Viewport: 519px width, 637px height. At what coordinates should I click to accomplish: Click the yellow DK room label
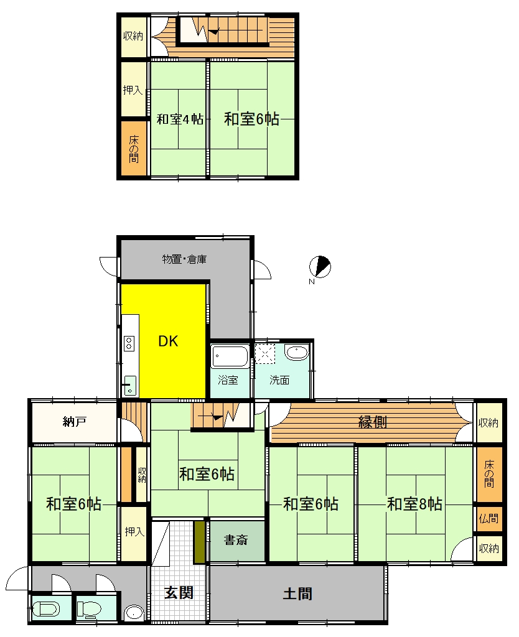point(168,341)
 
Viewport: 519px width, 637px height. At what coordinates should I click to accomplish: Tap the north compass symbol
point(320,267)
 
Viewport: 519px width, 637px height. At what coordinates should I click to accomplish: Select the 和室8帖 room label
point(414,504)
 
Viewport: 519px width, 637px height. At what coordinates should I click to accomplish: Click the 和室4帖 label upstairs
point(180,119)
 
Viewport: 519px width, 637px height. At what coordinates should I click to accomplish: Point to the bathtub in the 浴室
point(230,356)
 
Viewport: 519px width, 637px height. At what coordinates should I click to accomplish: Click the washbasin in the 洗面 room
point(297,352)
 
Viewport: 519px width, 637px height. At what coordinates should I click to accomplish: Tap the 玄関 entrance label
point(179,593)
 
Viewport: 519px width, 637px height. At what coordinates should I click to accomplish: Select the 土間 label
point(297,593)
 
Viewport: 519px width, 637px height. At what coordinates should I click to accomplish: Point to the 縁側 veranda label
point(372,422)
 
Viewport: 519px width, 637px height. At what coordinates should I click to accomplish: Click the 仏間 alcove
point(489,518)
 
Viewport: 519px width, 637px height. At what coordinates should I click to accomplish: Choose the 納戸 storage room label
point(75,422)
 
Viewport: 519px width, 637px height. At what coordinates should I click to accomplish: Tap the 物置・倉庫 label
point(185,259)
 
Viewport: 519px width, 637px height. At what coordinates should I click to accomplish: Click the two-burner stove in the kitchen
point(129,343)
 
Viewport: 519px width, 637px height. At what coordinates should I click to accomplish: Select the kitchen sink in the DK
point(130,386)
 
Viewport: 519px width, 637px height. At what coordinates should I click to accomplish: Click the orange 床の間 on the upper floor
point(133,149)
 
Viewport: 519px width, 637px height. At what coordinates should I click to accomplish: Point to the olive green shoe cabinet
point(199,542)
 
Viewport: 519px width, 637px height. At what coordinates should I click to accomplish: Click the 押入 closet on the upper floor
point(133,90)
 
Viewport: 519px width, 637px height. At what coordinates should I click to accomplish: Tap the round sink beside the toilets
point(134,613)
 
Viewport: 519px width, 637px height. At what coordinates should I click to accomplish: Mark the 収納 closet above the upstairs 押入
point(133,36)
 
